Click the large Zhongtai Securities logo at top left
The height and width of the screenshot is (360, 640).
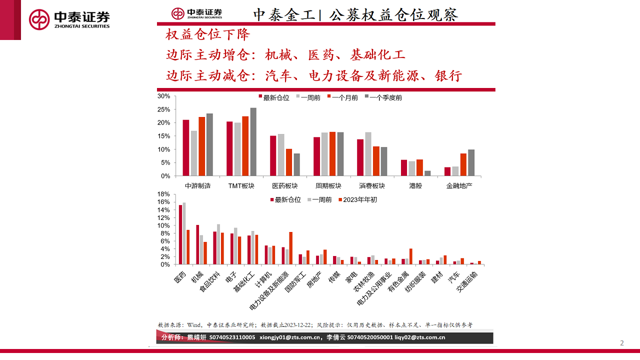pos(69,19)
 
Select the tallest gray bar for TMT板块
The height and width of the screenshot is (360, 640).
pos(253,142)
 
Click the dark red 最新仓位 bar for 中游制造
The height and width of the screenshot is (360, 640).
pos(186,148)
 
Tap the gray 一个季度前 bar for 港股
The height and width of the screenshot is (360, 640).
pos(427,173)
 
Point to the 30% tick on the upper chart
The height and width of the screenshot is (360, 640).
pos(164,96)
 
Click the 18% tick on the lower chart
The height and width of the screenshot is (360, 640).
pos(164,194)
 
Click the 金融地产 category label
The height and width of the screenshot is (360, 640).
pos(459,185)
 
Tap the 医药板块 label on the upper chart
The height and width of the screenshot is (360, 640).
pos(284,185)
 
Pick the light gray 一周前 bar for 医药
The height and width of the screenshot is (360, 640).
pos(184,233)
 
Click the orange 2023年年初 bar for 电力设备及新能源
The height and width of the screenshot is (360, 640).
pos(291,248)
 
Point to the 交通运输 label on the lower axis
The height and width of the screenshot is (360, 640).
pos(467,282)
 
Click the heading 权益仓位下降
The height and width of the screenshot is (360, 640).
pos(207,34)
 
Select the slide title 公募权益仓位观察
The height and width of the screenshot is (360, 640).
pos(394,14)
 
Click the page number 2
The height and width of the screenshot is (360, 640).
pos(622,343)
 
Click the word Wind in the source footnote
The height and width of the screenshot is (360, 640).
pos(194,324)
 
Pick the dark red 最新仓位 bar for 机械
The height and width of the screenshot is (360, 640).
pos(197,244)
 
